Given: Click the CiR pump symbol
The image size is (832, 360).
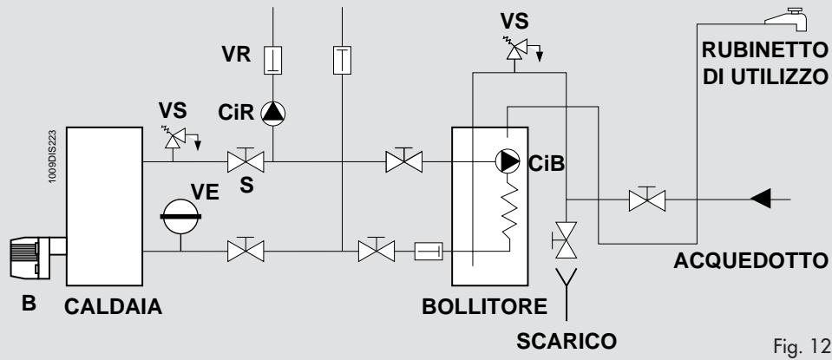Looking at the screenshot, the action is [273, 114].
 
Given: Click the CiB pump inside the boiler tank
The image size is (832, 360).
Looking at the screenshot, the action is [508, 161].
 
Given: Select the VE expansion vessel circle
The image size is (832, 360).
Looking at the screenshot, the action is [180, 216].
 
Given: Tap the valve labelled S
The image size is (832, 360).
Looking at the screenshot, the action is [246, 160].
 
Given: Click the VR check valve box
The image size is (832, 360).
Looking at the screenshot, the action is [272, 61].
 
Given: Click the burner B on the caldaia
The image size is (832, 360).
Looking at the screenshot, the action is [38, 258].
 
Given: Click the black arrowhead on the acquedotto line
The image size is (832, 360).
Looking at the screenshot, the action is [760, 200].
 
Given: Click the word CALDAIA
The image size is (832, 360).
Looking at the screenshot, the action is [113, 307].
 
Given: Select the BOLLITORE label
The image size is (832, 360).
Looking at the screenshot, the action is [484, 307].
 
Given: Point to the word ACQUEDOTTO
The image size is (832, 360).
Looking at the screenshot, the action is [750, 261].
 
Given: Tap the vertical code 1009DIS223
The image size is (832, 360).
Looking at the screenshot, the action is [53, 157].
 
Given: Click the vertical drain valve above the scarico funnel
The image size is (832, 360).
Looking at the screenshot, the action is [565, 240].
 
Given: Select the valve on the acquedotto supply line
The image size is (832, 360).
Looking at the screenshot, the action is [647, 200].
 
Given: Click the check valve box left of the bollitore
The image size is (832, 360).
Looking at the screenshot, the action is [429, 251].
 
